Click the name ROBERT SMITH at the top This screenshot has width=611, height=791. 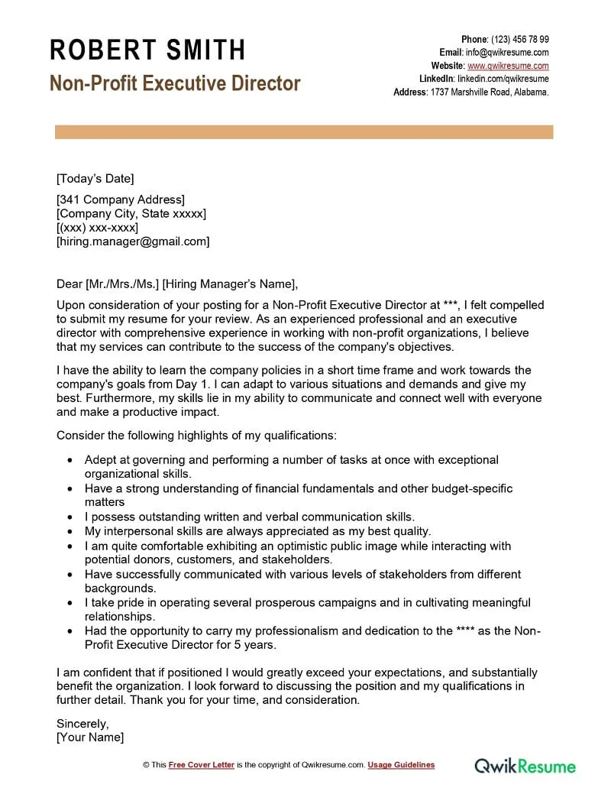pyautogui.click(x=147, y=50)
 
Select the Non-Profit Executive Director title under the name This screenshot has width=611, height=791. pyautogui.click(x=175, y=83)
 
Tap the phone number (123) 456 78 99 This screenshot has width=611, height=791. pyautogui.click(x=519, y=40)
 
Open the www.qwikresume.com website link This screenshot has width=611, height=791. pyautogui.click(x=508, y=66)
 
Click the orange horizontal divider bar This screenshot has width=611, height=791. pyautogui.click(x=304, y=133)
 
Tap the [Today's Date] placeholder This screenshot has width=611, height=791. pyautogui.click(x=95, y=179)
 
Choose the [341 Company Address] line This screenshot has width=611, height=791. pyautogui.click(x=120, y=200)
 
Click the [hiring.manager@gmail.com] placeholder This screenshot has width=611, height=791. pyautogui.click(x=133, y=242)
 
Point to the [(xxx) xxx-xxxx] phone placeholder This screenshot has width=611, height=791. pyautogui.click(x=97, y=228)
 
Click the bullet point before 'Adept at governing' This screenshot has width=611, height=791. pyautogui.click(x=70, y=461)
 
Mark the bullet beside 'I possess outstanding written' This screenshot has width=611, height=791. pyautogui.click(x=70, y=517)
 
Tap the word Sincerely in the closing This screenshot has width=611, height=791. pyautogui.click(x=82, y=723)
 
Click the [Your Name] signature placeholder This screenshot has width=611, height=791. pyautogui.click(x=90, y=738)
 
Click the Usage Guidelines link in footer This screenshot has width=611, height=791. pyautogui.click(x=401, y=765)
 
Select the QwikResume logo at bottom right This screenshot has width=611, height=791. pyautogui.click(x=525, y=765)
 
